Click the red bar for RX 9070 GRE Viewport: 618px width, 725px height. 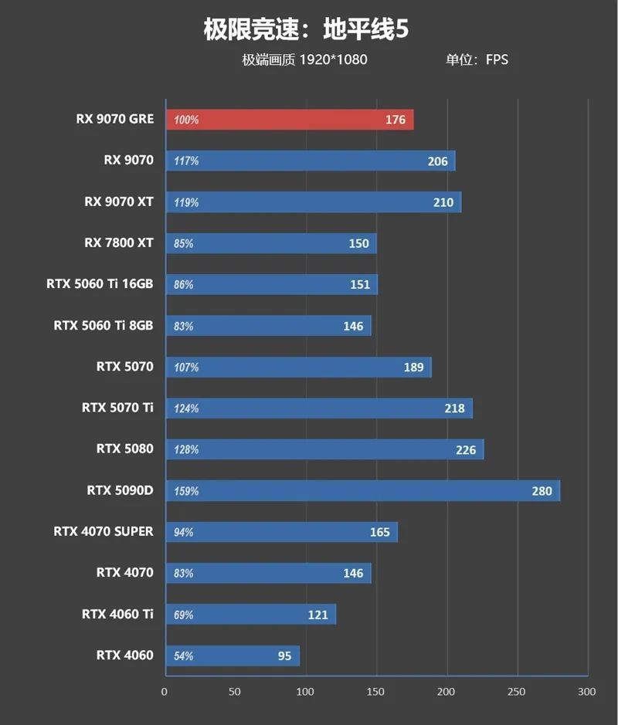[290, 120]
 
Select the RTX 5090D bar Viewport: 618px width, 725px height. [362, 490]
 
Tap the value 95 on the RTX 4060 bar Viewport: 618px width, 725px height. [285, 656]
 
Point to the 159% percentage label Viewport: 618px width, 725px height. [186, 491]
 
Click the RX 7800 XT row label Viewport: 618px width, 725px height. [119, 242]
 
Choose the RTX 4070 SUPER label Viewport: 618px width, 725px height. [104, 531]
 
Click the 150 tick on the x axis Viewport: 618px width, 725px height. [375, 691]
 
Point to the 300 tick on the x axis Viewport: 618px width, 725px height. [587, 691]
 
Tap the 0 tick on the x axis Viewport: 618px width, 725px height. [164, 691]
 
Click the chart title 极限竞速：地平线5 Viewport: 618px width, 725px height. [306, 31]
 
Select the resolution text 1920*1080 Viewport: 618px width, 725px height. [333, 59]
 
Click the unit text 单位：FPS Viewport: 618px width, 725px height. [477, 59]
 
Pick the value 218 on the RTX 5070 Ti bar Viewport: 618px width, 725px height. [455, 408]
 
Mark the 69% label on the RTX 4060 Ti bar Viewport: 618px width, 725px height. [184, 615]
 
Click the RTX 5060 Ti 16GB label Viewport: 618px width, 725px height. [100, 284]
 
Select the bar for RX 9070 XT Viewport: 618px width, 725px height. [313, 202]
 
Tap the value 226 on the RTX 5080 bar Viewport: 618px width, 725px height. [466, 449]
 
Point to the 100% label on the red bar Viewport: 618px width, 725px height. [186, 120]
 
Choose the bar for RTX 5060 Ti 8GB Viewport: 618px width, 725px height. [267, 326]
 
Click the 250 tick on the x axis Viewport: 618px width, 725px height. [516, 691]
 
